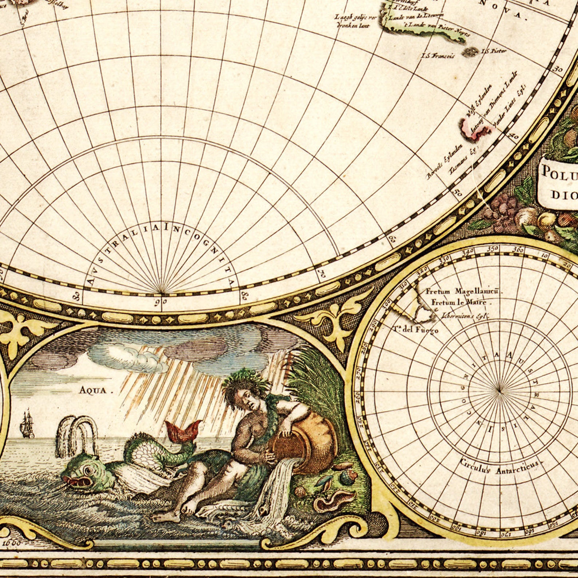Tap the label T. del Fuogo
[415, 330]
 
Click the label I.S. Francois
[438, 56]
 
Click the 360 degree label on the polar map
[518, 250]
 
